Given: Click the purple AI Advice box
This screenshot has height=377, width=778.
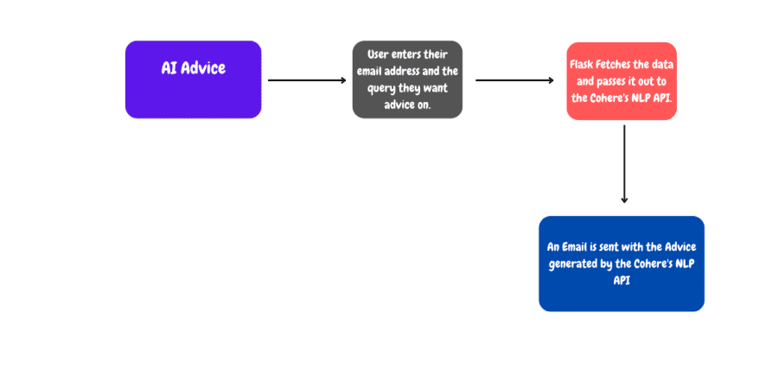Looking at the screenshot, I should (x=193, y=80).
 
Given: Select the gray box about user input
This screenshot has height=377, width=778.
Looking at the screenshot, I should (x=406, y=80).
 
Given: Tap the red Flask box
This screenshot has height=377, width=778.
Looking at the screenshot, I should (x=622, y=80).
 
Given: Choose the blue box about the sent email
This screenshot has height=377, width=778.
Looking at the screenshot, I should (x=621, y=263).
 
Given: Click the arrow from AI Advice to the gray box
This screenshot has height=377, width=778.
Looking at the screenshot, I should (x=306, y=80).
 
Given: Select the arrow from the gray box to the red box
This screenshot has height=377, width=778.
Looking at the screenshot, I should (x=514, y=80).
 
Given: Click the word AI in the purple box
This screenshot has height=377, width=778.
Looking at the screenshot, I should (x=169, y=67).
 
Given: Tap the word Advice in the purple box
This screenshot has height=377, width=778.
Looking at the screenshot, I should (x=204, y=67).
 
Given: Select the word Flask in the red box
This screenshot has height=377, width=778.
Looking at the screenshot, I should (x=583, y=65).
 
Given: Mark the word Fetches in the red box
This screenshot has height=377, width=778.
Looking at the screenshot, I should (x=619, y=65).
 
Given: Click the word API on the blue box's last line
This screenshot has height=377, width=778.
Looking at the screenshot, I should (x=621, y=280).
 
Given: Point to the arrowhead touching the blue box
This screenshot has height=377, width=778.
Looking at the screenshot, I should (x=624, y=200).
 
